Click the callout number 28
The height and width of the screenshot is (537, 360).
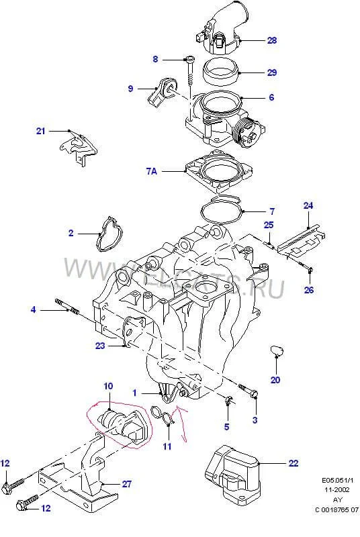pos(271,41)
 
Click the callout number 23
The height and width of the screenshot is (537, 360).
pos(100,347)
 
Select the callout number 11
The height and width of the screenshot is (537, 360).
pos(167,446)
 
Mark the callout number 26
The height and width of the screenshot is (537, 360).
pos(309,290)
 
